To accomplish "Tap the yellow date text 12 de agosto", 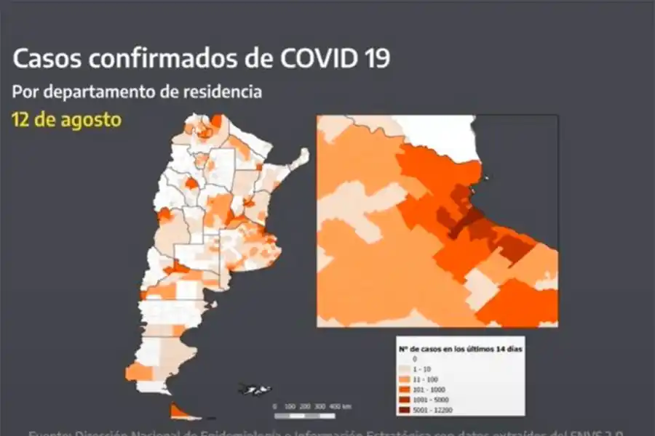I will (65, 118).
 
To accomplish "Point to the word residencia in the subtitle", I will (222, 93).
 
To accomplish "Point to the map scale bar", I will (304, 416).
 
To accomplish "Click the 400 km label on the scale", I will (336, 406).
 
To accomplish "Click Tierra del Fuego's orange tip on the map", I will (178, 411).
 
